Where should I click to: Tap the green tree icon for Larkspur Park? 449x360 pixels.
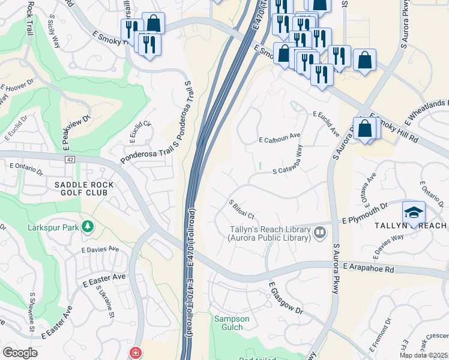pos(88,227)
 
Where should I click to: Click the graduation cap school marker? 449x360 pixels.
pos(414,213)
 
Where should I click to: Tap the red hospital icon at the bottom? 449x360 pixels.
pos(136,353)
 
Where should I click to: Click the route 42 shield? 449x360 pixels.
pos(70,159)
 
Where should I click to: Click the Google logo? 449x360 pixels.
pos(19,353)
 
